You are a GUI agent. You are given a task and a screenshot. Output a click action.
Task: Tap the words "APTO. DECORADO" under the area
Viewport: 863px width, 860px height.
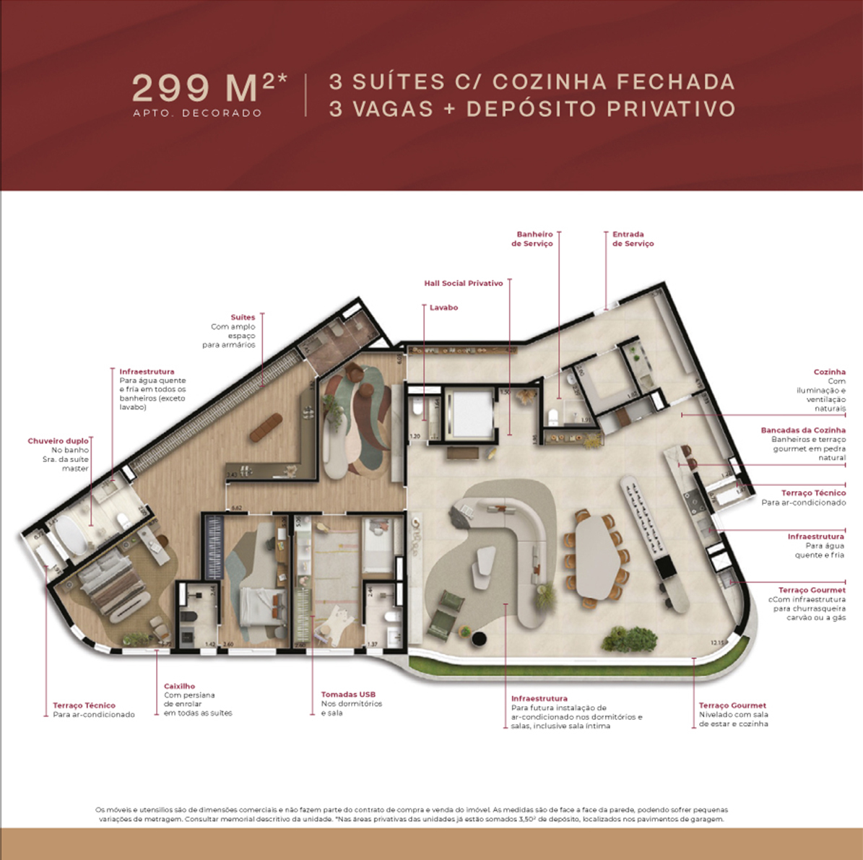tap(197, 113)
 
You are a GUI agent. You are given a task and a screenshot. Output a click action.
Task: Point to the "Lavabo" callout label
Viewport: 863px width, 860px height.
tap(443, 308)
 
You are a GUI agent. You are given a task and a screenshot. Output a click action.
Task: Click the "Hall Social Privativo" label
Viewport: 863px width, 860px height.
tap(464, 283)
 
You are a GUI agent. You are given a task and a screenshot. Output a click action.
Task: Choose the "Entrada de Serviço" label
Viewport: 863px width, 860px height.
tap(633, 239)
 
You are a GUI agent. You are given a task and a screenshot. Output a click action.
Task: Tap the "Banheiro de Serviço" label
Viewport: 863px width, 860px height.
tap(533, 239)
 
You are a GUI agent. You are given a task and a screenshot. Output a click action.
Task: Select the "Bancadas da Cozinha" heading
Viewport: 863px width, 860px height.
tap(802, 430)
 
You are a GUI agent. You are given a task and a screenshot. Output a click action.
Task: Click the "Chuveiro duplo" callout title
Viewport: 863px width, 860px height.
tap(58, 440)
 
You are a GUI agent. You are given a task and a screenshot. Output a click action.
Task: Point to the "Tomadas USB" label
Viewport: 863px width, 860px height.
tap(348, 695)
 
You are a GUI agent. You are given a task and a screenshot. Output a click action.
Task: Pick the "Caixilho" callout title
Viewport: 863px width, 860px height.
tap(179, 686)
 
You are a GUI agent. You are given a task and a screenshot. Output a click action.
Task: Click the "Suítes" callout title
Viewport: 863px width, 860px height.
tap(243, 317)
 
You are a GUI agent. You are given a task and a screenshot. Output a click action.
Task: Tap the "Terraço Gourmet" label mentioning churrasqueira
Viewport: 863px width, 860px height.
tap(811, 590)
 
